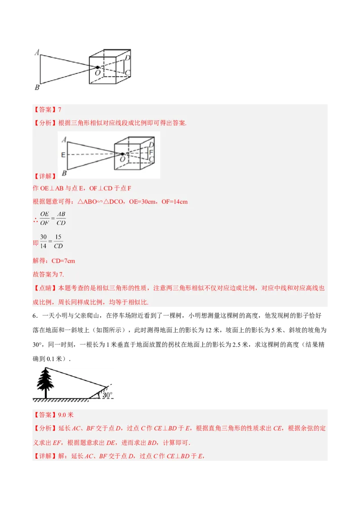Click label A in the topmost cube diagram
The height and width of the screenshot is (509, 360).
coord(36,52)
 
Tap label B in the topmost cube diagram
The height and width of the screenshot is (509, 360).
coord(37,87)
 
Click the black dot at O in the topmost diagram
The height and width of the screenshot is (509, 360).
coord(97,67)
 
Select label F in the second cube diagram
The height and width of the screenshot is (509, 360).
coord(151,153)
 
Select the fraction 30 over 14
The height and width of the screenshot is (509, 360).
coord(43,241)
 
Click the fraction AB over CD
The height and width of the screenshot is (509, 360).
coord(61,219)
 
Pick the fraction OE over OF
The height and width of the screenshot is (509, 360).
coord(44,219)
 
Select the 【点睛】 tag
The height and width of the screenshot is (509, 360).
coord(43,288)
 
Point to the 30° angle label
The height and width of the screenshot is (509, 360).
coord(107,395)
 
